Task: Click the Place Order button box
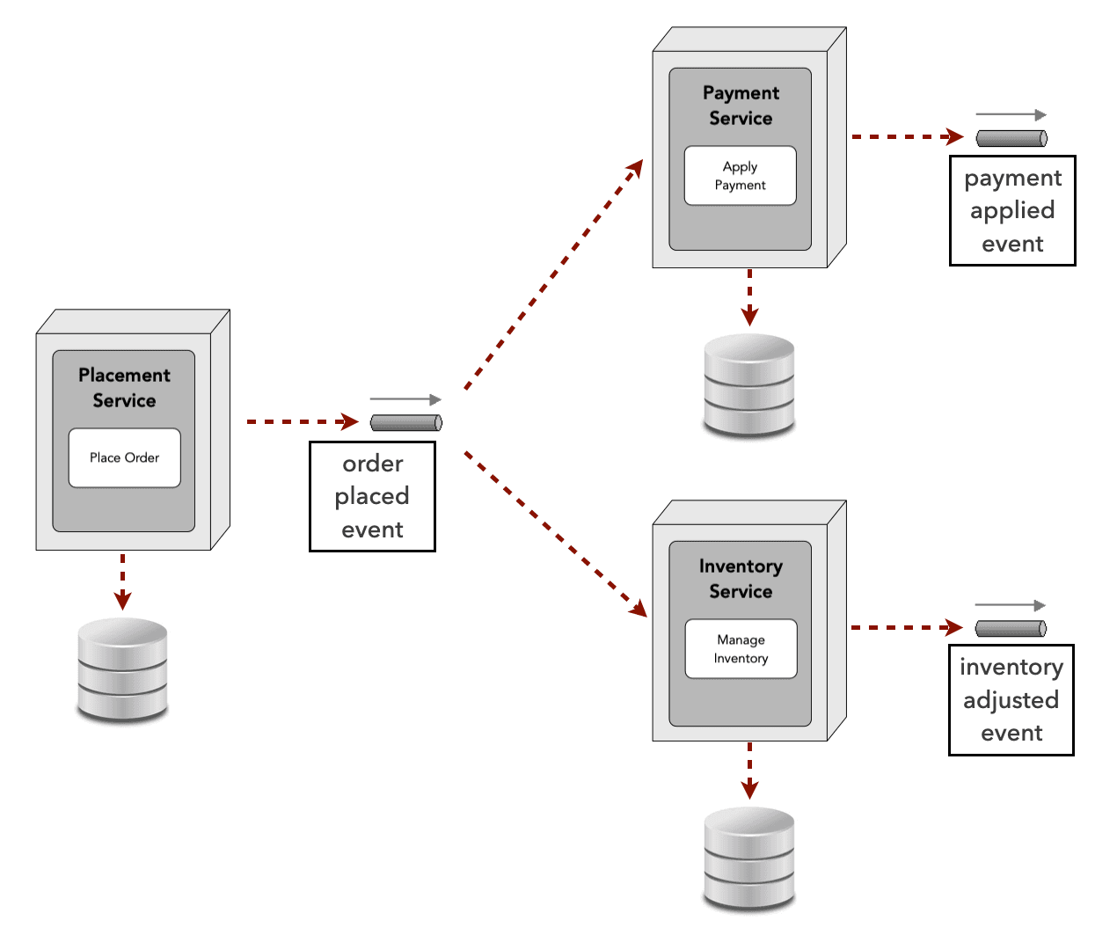pos(124,457)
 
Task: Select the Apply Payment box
pos(740,176)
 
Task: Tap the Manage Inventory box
pos(741,649)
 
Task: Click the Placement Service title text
pos(124,388)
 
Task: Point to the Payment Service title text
pos(741,106)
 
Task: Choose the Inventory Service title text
pos(741,579)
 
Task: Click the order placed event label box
pos(372,497)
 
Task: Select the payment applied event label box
pos(1012,211)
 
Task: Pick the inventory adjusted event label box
pos(1011,700)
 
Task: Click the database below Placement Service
pos(122,670)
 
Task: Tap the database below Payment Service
pos(749,385)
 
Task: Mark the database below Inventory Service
pos(749,858)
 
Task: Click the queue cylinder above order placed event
pos(405,423)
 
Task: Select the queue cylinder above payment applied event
pos(1011,138)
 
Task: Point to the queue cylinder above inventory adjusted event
pos(1011,628)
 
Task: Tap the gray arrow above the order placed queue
pos(405,400)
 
